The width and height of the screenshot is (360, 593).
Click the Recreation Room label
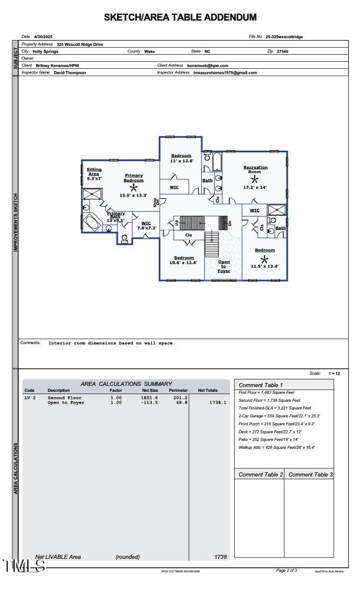[x=255, y=170]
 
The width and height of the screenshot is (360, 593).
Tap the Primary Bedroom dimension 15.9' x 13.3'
[x=133, y=195]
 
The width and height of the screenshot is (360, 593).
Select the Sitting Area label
[x=94, y=172]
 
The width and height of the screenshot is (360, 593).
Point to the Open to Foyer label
[x=224, y=266]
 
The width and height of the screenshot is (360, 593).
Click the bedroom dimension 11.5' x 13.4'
[x=265, y=266]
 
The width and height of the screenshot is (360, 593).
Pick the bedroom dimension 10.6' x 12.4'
[x=183, y=262]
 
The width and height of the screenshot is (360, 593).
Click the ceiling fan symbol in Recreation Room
[x=255, y=179]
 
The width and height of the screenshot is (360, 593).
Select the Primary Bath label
[x=116, y=216]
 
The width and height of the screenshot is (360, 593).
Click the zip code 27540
[x=283, y=52]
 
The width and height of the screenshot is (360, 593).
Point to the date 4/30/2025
[x=44, y=37]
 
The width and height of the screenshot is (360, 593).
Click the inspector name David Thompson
[x=69, y=73]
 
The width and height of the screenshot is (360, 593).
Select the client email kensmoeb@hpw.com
[x=208, y=66]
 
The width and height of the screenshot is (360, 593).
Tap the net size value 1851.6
[x=149, y=398]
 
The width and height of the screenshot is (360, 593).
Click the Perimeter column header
[x=178, y=391]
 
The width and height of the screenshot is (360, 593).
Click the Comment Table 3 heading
[x=311, y=474]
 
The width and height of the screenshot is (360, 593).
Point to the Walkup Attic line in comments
[x=276, y=448]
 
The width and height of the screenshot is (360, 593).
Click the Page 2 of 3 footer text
[x=286, y=570]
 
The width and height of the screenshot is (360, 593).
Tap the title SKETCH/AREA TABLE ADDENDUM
[x=180, y=18]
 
